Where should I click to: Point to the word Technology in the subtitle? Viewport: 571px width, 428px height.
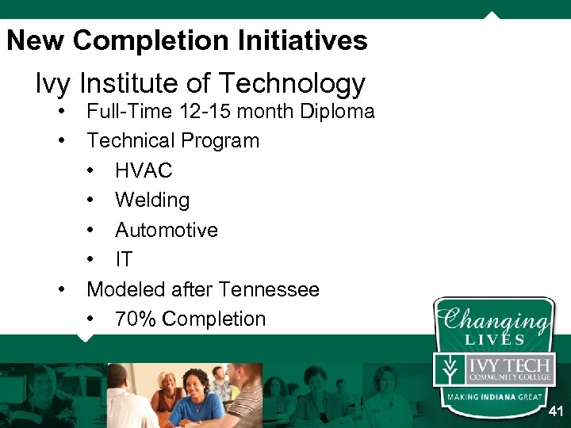point(292,83)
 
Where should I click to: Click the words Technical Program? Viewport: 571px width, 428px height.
point(173,141)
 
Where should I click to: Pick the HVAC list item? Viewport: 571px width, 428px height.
point(144,170)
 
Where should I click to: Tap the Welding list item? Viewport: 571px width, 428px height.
point(152,200)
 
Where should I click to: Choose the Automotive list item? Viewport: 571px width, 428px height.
point(167,230)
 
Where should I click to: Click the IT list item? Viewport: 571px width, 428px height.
point(124,259)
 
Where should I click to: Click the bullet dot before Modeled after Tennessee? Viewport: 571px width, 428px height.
point(62,289)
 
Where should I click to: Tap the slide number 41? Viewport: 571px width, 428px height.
point(556,411)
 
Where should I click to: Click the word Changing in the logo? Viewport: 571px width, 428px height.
point(494,320)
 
